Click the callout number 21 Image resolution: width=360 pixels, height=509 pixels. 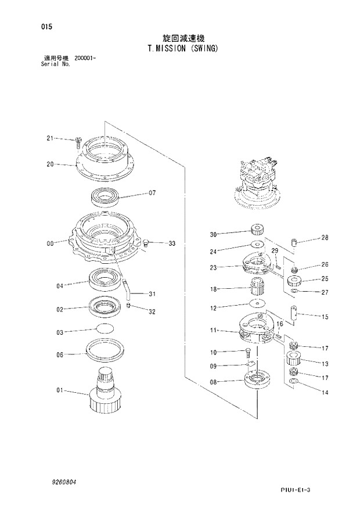tap(50, 138)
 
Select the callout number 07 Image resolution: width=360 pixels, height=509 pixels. tap(153, 193)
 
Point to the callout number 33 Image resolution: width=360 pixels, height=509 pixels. tap(172, 243)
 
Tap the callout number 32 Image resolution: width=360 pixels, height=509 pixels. tap(152, 312)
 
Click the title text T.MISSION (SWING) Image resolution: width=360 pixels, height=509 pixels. tap(183, 49)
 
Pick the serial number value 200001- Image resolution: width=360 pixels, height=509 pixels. tap(85, 59)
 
